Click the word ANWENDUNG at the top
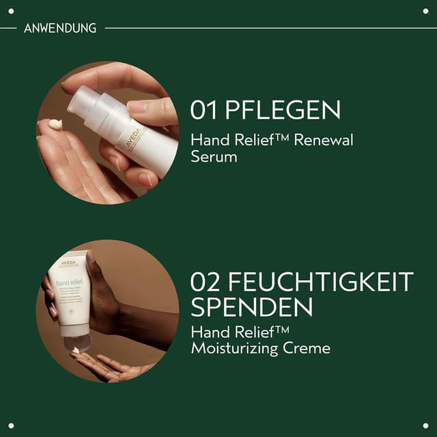60,28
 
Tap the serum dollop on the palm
55,124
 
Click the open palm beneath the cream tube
102,367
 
